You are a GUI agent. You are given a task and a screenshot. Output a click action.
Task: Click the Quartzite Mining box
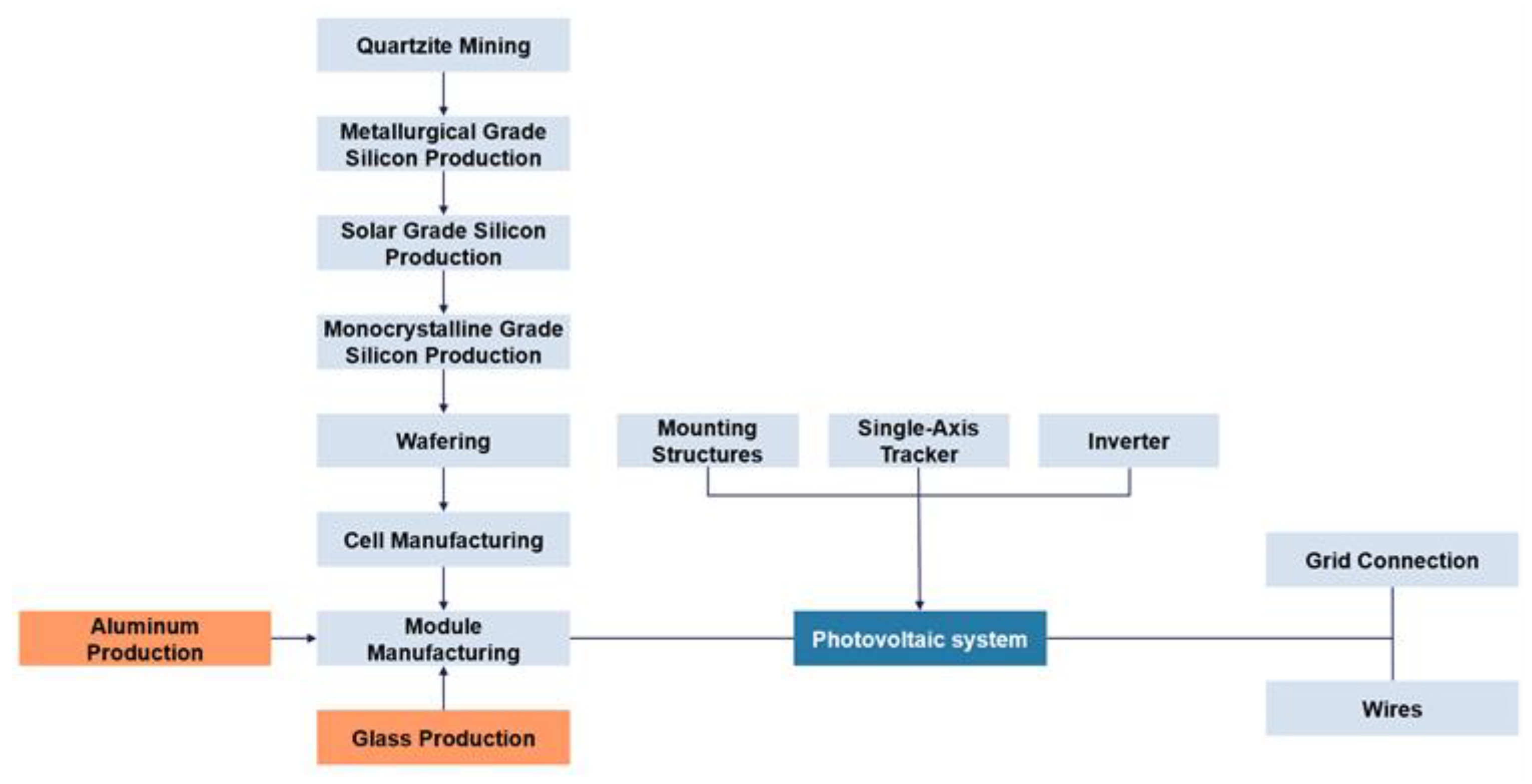click(x=443, y=45)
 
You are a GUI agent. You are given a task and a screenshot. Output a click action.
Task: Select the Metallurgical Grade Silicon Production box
click(x=443, y=144)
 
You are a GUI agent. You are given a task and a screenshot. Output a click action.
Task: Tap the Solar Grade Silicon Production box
click(x=443, y=243)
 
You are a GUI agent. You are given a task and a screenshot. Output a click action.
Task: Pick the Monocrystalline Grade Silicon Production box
click(x=443, y=342)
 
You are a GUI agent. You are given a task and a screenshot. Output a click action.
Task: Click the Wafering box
click(x=443, y=441)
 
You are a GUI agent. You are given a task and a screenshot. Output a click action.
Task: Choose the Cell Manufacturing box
click(x=443, y=540)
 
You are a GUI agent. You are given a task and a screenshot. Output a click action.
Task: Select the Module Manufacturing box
click(x=443, y=639)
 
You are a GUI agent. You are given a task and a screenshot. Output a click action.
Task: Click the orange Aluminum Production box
click(x=145, y=639)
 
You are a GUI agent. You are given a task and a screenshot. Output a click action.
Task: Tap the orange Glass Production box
click(x=443, y=737)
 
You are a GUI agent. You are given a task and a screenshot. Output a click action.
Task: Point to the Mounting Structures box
click(x=707, y=441)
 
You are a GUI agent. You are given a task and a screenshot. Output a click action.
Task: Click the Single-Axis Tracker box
click(x=918, y=441)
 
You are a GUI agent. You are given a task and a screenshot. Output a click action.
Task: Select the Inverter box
click(x=1128, y=441)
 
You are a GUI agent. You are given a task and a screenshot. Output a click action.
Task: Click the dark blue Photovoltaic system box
click(x=919, y=639)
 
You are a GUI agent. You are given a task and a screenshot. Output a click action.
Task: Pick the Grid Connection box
click(x=1392, y=560)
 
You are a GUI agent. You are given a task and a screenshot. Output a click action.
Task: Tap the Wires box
click(x=1392, y=708)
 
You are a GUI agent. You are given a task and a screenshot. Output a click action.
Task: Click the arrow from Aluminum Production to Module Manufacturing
click(x=294, y=639)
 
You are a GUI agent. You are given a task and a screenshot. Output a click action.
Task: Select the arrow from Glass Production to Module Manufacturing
click(x=443, y=689)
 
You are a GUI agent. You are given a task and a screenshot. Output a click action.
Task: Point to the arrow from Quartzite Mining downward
click(x=443, y=94)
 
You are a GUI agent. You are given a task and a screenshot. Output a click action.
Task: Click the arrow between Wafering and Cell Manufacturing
click(x=443, y=490)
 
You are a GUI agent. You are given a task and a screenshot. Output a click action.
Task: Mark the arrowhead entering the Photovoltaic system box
click(x=919, y=605)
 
